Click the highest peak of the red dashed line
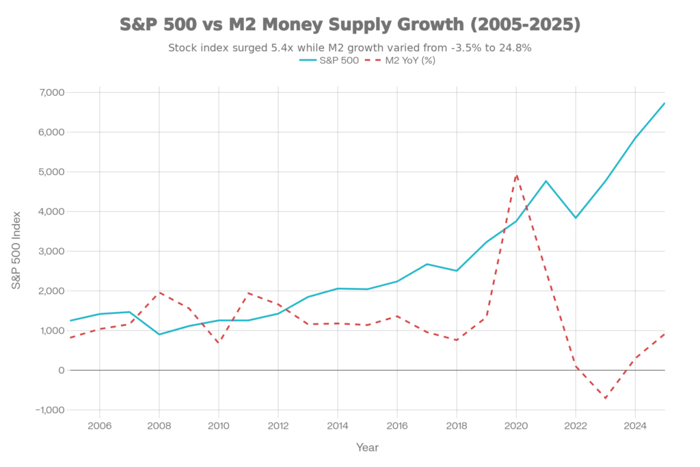click(x=517, y=176)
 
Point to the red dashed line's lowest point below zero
click(x=606, y=397)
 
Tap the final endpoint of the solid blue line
click(x=665, y=103)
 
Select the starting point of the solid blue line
click(x=68, y=320)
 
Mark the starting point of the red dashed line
click(x=68, y=337)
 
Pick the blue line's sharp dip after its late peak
click(x=577, y=218)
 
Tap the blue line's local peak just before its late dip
click(x=546, y=181)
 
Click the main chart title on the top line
click(x=349, y=25)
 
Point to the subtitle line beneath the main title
click(x=349, y=48)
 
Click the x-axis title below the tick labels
click(x=367, y=447)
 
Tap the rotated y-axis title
click(x=16, y=249)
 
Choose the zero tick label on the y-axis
click(x=59, y=371)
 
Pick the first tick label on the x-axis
click(x=100, y=426)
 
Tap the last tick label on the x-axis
click(x=636, y=426)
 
